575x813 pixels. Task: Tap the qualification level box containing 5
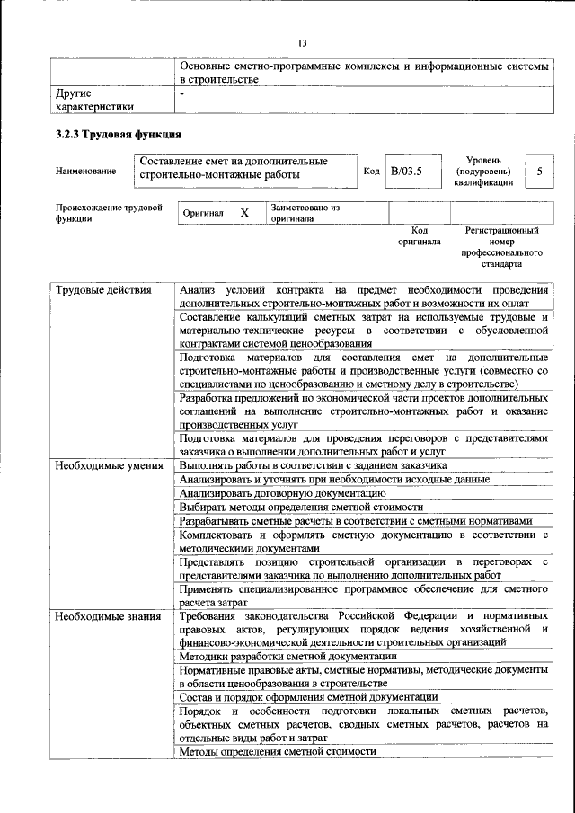(538, 170)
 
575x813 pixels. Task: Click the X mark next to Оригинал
(243, 213)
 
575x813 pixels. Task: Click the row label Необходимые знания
(107, 616)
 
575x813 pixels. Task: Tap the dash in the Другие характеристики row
(182, 93)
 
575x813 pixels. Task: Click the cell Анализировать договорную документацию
(277, 493)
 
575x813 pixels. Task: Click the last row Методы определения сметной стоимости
(278, 751)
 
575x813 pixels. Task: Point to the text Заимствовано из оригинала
(305, 213)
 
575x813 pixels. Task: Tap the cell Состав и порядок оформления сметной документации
(308, 697)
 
